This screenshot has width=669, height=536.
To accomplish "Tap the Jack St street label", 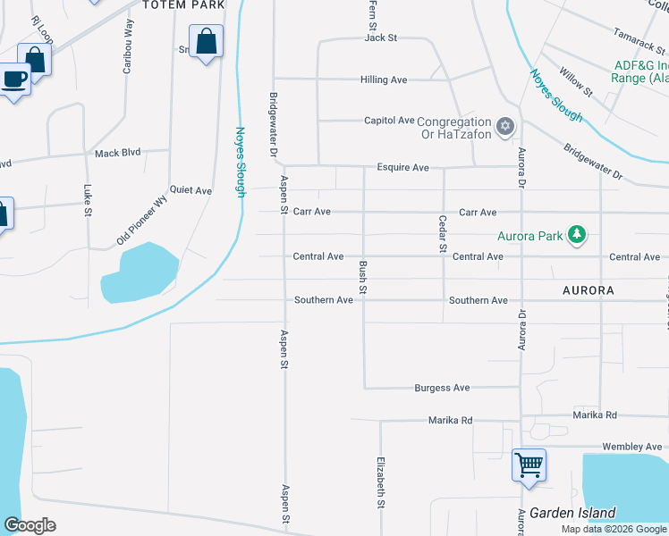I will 380,38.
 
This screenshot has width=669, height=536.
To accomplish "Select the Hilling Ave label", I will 384,80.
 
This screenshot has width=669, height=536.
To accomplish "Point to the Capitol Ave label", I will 389,121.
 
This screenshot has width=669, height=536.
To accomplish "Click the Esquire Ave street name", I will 402,167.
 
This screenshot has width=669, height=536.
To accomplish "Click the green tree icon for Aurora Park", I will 578,235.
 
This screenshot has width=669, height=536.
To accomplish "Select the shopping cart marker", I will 529,464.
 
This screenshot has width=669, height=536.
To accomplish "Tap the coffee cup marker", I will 14,79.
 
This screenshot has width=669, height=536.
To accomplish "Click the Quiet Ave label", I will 191,190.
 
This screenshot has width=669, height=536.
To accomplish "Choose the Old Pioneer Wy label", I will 142,221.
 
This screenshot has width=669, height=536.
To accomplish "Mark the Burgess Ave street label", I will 442,388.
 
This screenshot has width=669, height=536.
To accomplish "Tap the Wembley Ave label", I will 632,447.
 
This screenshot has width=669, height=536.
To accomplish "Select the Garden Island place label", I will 572,513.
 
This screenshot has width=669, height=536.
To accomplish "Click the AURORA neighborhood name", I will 589,290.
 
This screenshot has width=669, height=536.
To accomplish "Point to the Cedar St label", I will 442,234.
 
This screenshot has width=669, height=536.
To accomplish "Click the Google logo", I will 30,525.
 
